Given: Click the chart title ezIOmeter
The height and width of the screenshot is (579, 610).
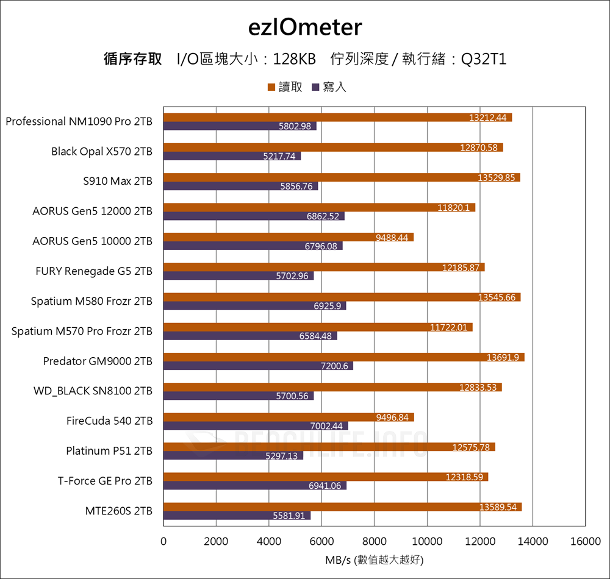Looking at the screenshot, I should (305, 28).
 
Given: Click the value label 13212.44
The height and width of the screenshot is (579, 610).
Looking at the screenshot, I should (488, 118).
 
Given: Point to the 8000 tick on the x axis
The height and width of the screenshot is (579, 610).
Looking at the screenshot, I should (375, 541).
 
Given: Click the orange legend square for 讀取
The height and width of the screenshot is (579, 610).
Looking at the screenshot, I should (271, 88).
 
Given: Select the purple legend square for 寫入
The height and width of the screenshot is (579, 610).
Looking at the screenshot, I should (315, 88).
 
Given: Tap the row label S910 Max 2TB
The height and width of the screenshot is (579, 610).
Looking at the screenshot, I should (118, 182).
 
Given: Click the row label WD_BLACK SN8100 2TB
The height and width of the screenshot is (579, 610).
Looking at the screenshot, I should (93, 391).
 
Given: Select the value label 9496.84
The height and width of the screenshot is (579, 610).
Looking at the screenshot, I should (393, 417).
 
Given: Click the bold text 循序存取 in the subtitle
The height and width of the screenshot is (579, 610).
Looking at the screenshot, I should (133, 60).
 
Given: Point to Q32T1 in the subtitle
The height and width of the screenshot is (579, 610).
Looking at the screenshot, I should (484, 60).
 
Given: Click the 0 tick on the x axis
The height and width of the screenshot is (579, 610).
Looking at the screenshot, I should (163, 541).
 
